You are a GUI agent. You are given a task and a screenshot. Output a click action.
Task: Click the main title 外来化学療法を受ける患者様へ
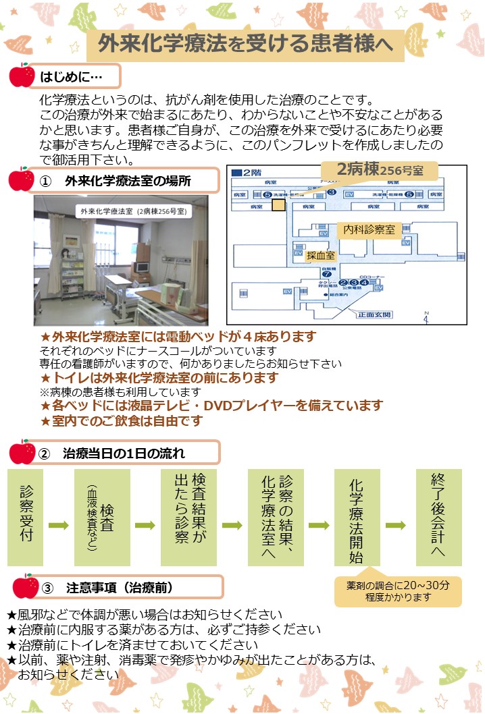(245, 45)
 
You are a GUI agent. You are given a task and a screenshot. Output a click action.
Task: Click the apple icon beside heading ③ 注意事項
(26, 586)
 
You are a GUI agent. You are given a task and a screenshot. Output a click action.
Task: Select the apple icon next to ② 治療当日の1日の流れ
(22, 451)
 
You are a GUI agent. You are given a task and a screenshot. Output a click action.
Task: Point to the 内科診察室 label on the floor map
(369, 229)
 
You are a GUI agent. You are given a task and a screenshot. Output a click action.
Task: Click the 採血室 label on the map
(321, 256)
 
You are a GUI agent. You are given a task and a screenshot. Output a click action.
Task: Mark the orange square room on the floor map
(278, 204)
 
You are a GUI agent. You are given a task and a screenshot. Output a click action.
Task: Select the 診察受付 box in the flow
(26, 516)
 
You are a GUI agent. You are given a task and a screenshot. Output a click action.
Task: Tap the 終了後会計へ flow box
(438, 516)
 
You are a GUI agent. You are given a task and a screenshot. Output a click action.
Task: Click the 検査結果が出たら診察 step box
(188, 516)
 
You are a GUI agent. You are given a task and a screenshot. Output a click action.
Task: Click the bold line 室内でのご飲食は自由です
(122, 420)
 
